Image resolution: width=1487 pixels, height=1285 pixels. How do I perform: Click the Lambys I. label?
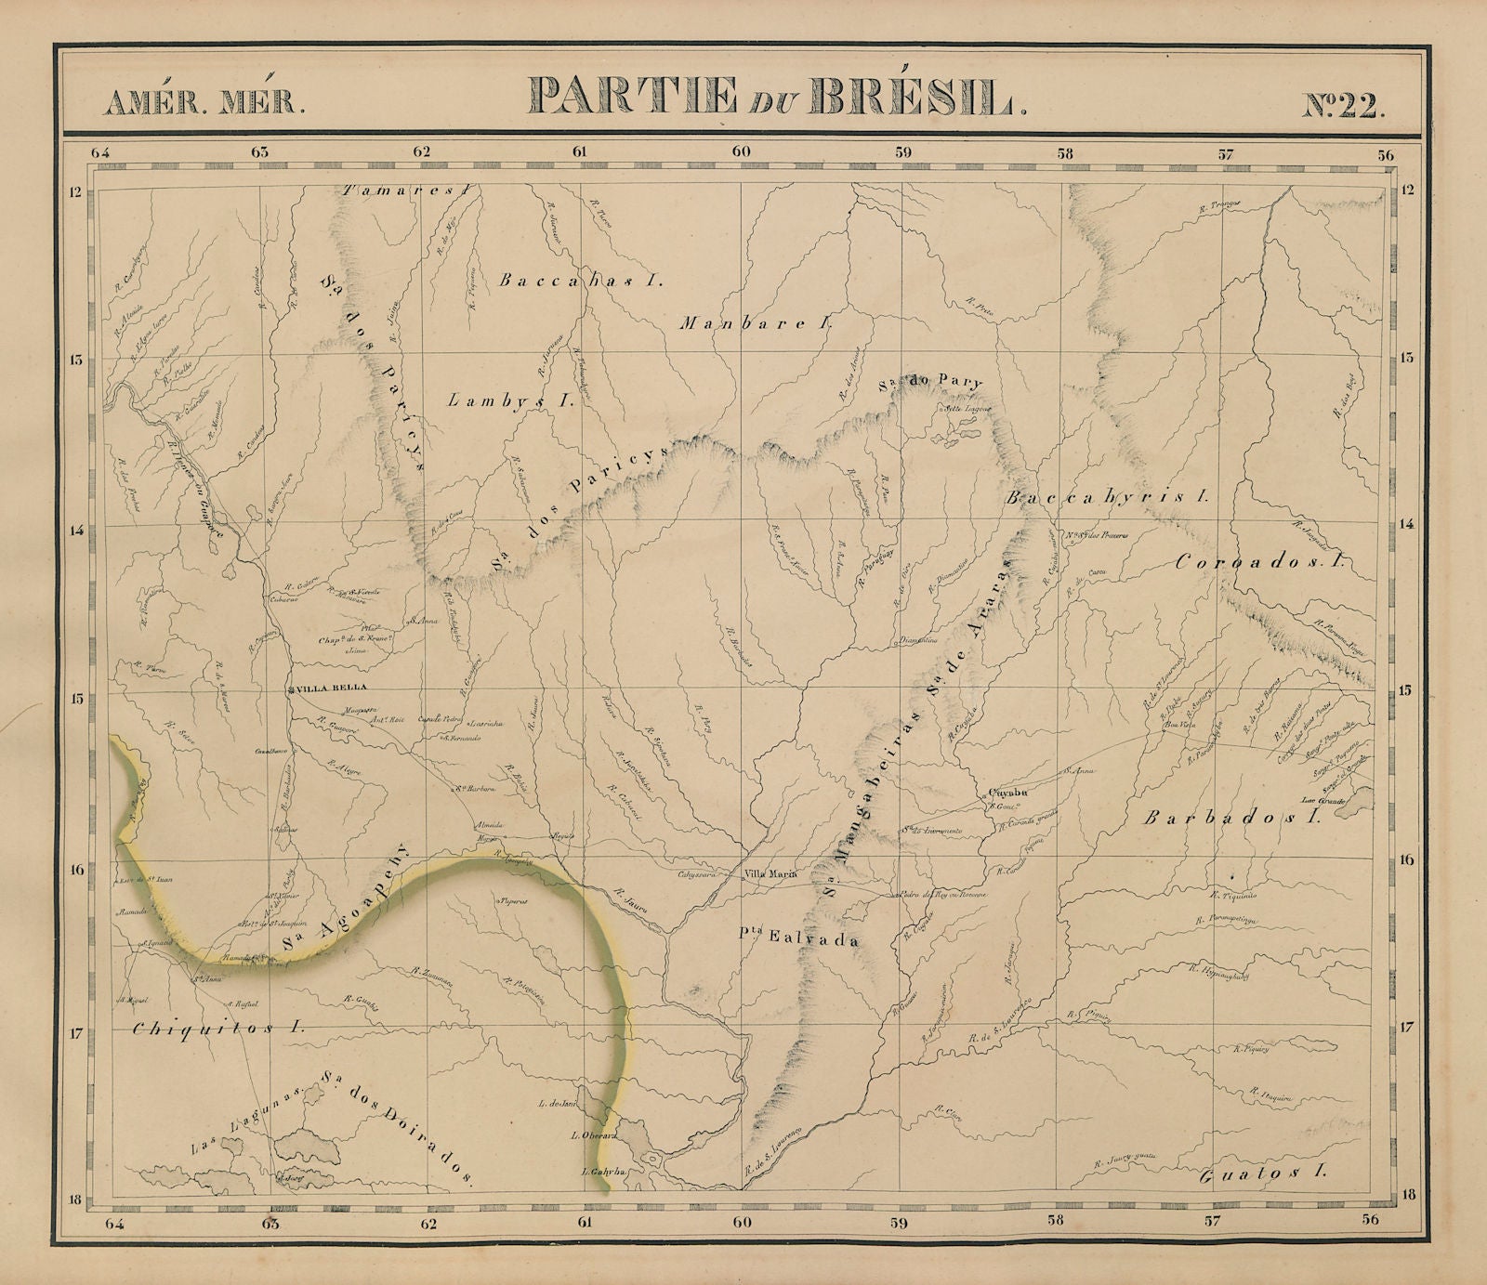click(x=510, y=401)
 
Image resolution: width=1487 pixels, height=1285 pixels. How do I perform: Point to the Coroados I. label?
click(x=1262, y=561)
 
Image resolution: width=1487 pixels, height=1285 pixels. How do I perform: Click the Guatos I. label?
click(x=1262, y=1174)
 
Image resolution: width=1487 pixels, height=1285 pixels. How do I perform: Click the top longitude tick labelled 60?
click(x=741, y=151)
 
